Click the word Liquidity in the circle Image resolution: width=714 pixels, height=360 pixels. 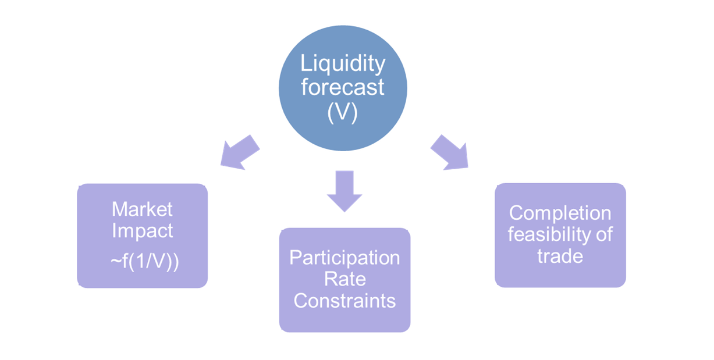coord(343,63)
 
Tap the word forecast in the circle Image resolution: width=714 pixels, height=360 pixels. coord(343,87)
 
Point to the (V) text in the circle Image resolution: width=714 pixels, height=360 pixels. coord(343,112)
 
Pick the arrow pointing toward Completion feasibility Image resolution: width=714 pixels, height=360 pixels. coord(449,152)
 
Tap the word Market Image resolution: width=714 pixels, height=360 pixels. coord(142,209)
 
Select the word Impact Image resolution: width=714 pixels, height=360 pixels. coord(142,231)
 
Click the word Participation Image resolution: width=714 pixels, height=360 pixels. coord(344,258)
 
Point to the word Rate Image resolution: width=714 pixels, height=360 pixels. coord(344,279)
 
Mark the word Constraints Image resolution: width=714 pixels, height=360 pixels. coord(344,301)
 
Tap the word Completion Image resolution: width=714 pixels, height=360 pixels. coord(560,213)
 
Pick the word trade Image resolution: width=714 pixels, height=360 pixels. coord(560,256)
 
